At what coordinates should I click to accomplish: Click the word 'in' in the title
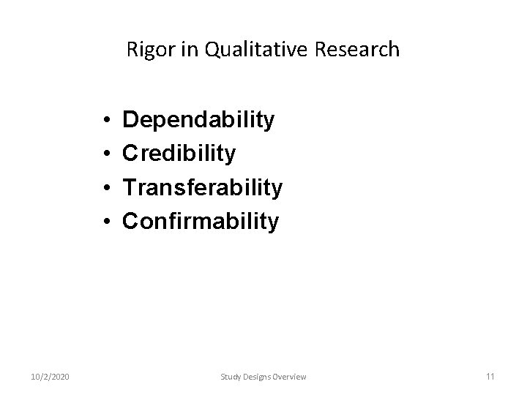182,50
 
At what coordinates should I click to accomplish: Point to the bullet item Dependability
198,120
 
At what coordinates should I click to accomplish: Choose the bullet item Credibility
179,154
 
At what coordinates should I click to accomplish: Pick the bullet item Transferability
202,187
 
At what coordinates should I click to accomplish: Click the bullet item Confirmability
201,221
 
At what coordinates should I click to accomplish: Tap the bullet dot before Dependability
107,121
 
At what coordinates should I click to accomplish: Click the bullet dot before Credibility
107,154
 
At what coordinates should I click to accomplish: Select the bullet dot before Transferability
107,188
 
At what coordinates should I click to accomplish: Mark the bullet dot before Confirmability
107,222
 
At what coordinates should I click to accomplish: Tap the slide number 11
490,376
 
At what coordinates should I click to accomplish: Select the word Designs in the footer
257,376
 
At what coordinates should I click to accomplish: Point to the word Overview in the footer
290,376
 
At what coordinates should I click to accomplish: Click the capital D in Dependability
130,120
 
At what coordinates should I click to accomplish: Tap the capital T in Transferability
130,187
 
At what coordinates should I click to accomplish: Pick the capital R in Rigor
132,50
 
